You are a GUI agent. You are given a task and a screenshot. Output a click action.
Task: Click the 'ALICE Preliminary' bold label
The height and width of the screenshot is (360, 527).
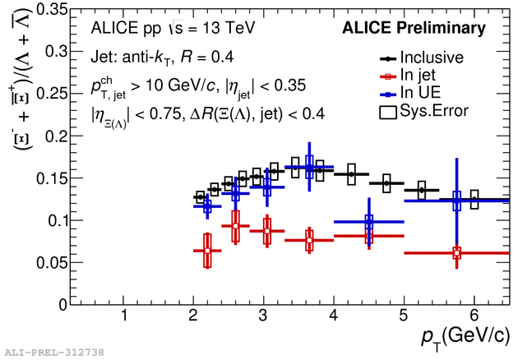point(414,29)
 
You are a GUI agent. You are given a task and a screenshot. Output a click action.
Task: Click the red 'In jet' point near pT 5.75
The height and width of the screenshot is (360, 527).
point(457,252)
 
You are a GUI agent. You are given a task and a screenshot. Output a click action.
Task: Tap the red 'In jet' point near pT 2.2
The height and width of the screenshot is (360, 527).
point(207,250)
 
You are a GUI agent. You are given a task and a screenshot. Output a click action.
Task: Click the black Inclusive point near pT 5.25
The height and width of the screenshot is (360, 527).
point(422,190)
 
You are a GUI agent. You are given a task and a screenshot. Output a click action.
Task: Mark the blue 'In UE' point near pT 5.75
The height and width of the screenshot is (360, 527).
point(457,201)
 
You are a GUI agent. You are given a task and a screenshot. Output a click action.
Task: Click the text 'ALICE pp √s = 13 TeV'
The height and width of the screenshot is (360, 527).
point(173,29)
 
